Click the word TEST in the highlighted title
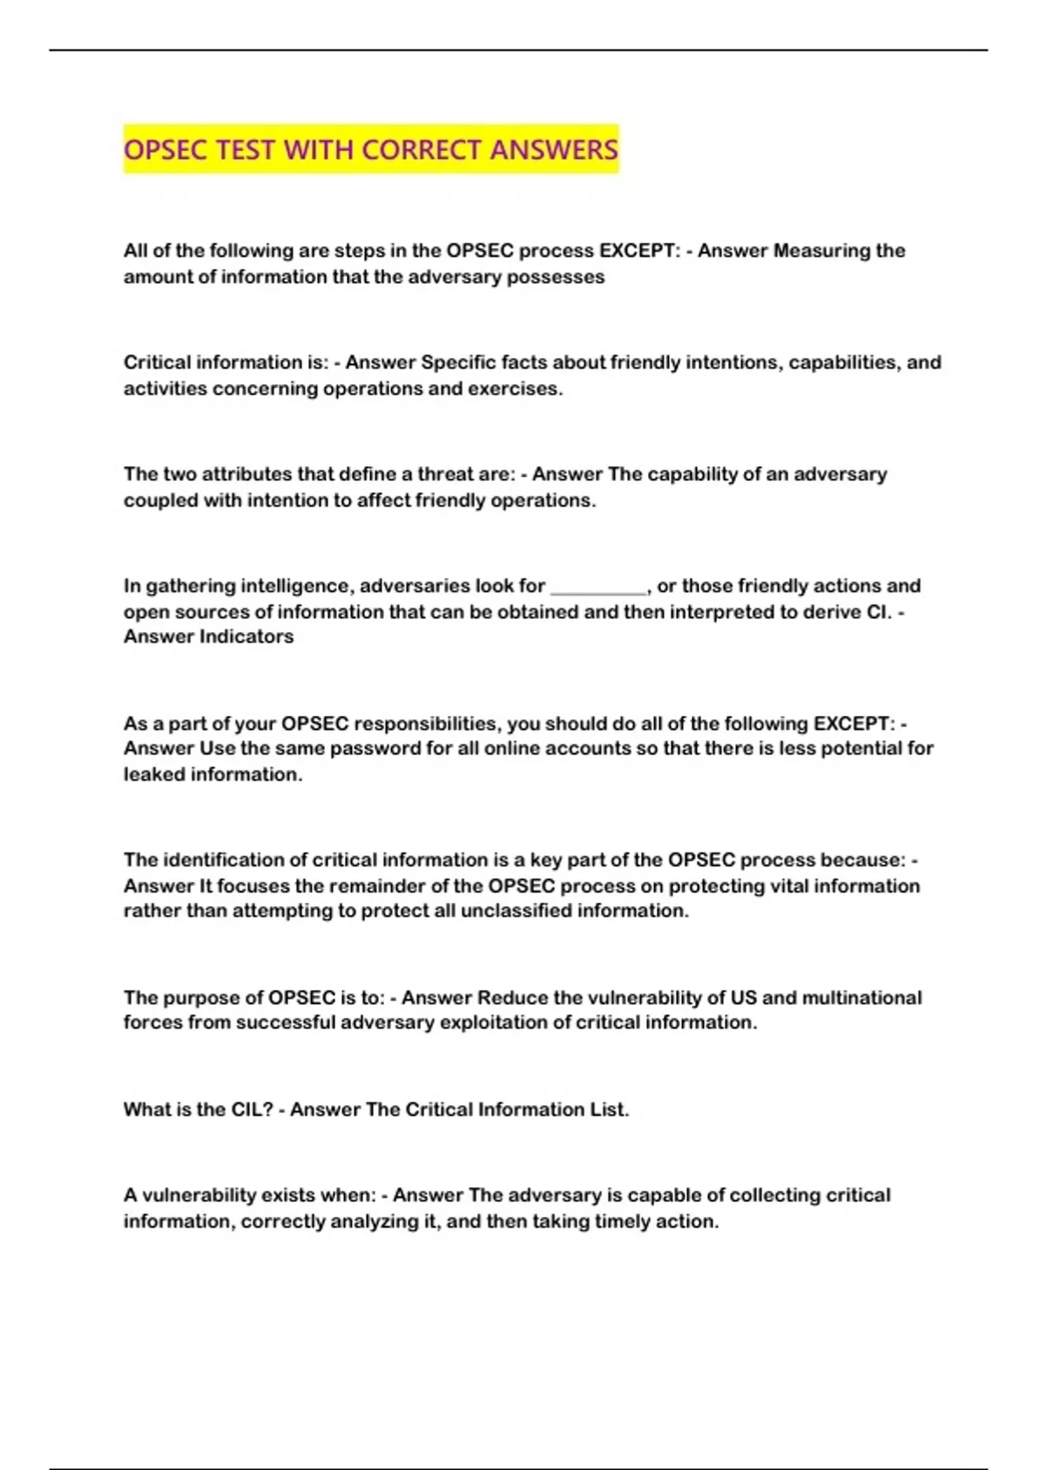(x=246, y=150)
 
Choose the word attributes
(x=247, y=474)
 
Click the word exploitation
(x=504, y=1022)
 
